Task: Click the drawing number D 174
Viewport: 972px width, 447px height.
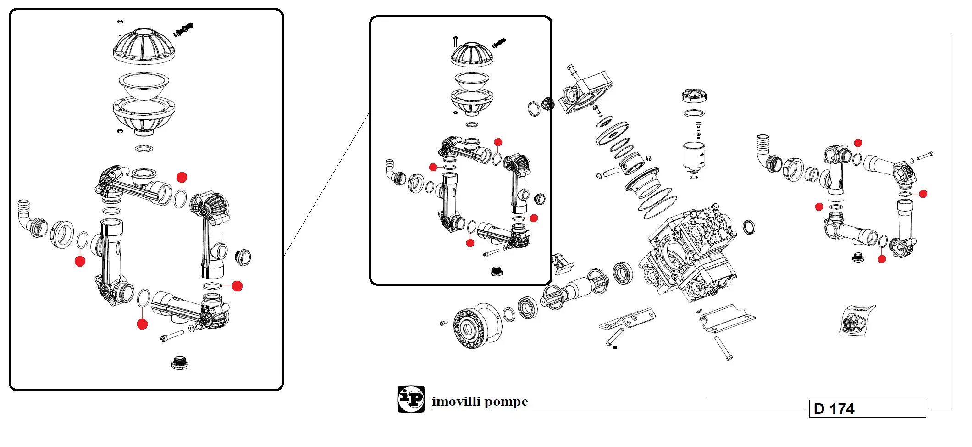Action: tap(834, 408)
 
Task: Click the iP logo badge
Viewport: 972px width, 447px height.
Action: tap(411, 399)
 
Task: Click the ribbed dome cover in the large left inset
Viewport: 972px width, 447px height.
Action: tap(144, 45)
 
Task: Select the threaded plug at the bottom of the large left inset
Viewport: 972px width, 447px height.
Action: tap(180, 363)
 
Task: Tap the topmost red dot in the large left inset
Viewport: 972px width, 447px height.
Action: tap(182, 177)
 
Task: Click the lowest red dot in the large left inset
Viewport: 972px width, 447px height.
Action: tap(143, 324)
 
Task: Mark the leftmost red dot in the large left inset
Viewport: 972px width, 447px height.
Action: tap(80, 262)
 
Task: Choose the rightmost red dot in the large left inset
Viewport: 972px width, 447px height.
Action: tap(237, 286)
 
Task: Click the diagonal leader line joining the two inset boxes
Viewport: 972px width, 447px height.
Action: tap(326, 184)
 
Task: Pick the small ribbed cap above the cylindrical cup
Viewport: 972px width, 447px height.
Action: tap(694, 95)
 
